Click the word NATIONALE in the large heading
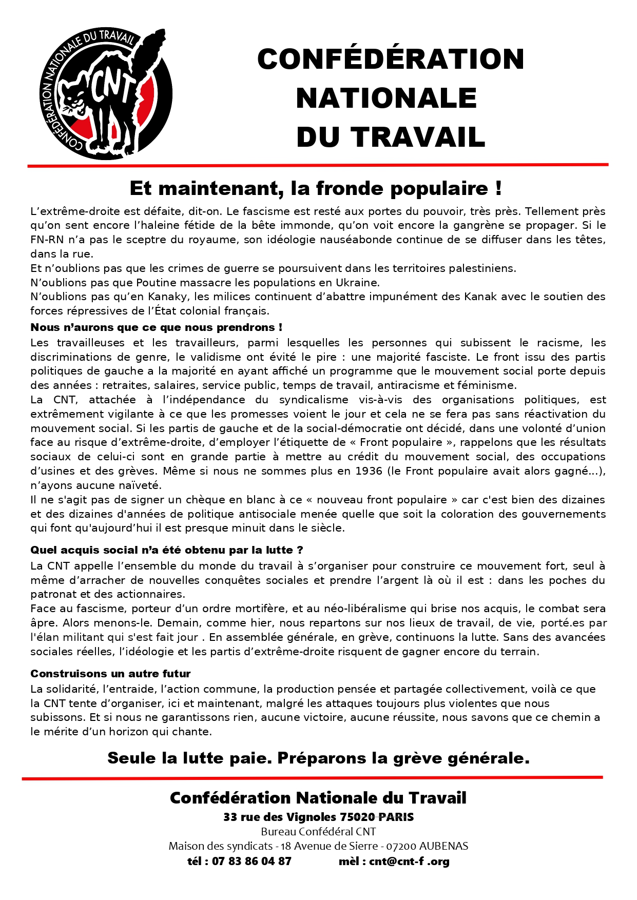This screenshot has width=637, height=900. click(387, 99)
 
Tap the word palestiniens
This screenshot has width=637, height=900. click(482, 268)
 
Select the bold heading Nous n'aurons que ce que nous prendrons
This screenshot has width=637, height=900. click(156, 327)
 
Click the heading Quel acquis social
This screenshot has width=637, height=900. click(166, 550)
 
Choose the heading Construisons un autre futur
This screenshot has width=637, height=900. click(110, 674)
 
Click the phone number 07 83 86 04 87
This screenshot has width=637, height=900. click(252, 862)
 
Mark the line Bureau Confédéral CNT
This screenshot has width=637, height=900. click(318, 832)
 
